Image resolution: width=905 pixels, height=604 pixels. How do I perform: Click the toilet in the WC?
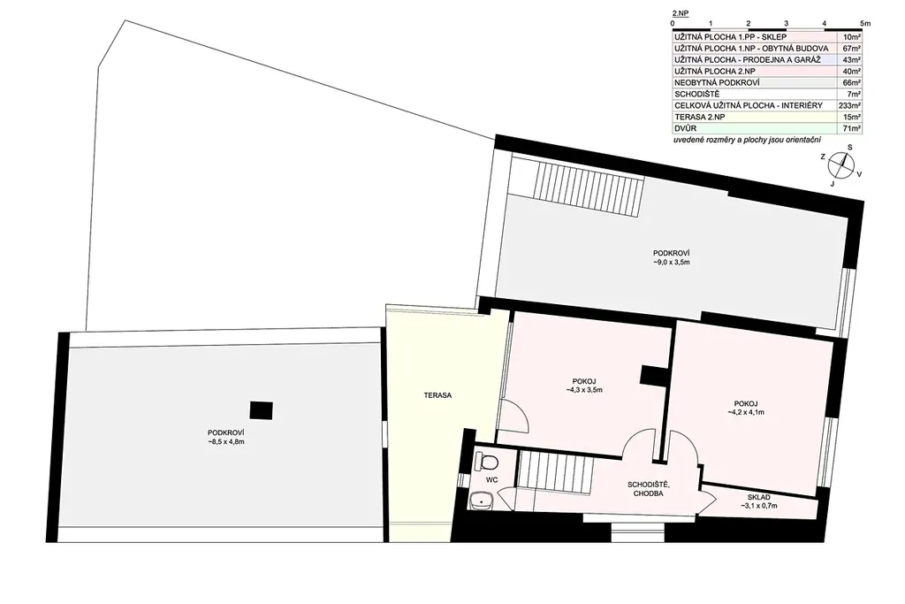(x=488, y=463)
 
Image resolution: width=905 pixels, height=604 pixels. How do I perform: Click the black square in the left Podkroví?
(x=261, y=410)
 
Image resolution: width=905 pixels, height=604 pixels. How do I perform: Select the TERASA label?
(x=437, y=395)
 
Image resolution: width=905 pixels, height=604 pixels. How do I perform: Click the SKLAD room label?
(x=758, y=497)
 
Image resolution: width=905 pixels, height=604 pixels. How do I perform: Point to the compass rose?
(x=841, y=165)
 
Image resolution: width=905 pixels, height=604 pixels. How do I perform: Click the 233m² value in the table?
(x=849, y=105)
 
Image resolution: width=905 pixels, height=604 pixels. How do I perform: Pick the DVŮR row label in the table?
(x=686, y=129)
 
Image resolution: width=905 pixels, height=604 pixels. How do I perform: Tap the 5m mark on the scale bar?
(x=864, y=24)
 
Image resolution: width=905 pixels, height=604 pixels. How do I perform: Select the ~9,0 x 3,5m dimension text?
(x=672, y=262)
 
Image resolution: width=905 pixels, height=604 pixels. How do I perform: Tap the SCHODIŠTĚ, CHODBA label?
(x=648, y=489)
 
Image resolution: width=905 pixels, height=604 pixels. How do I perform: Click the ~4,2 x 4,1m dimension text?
(x=746, y=412)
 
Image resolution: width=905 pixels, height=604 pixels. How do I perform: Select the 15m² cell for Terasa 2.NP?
(x=851, y=118)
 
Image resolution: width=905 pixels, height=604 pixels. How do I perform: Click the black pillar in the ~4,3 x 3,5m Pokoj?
(x=653, y=375)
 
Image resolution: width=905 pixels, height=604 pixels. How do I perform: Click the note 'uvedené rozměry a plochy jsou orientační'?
(x=747, y=141)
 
